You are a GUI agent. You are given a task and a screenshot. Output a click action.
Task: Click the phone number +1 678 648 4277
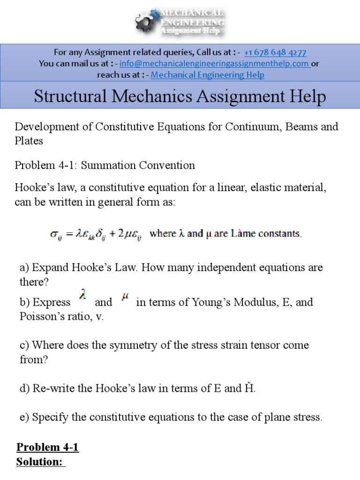click(275, 52)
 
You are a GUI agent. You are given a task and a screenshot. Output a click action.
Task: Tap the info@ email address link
click(214, 64)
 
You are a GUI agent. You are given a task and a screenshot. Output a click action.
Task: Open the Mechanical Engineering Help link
click(208, 75)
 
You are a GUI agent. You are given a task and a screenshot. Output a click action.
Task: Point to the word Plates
click(29, 141)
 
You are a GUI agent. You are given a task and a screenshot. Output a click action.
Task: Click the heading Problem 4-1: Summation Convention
click(105, 165)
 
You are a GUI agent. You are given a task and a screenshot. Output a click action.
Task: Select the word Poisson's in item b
click(37, 316)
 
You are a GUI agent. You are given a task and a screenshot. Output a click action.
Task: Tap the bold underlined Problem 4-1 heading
click(47, 448)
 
